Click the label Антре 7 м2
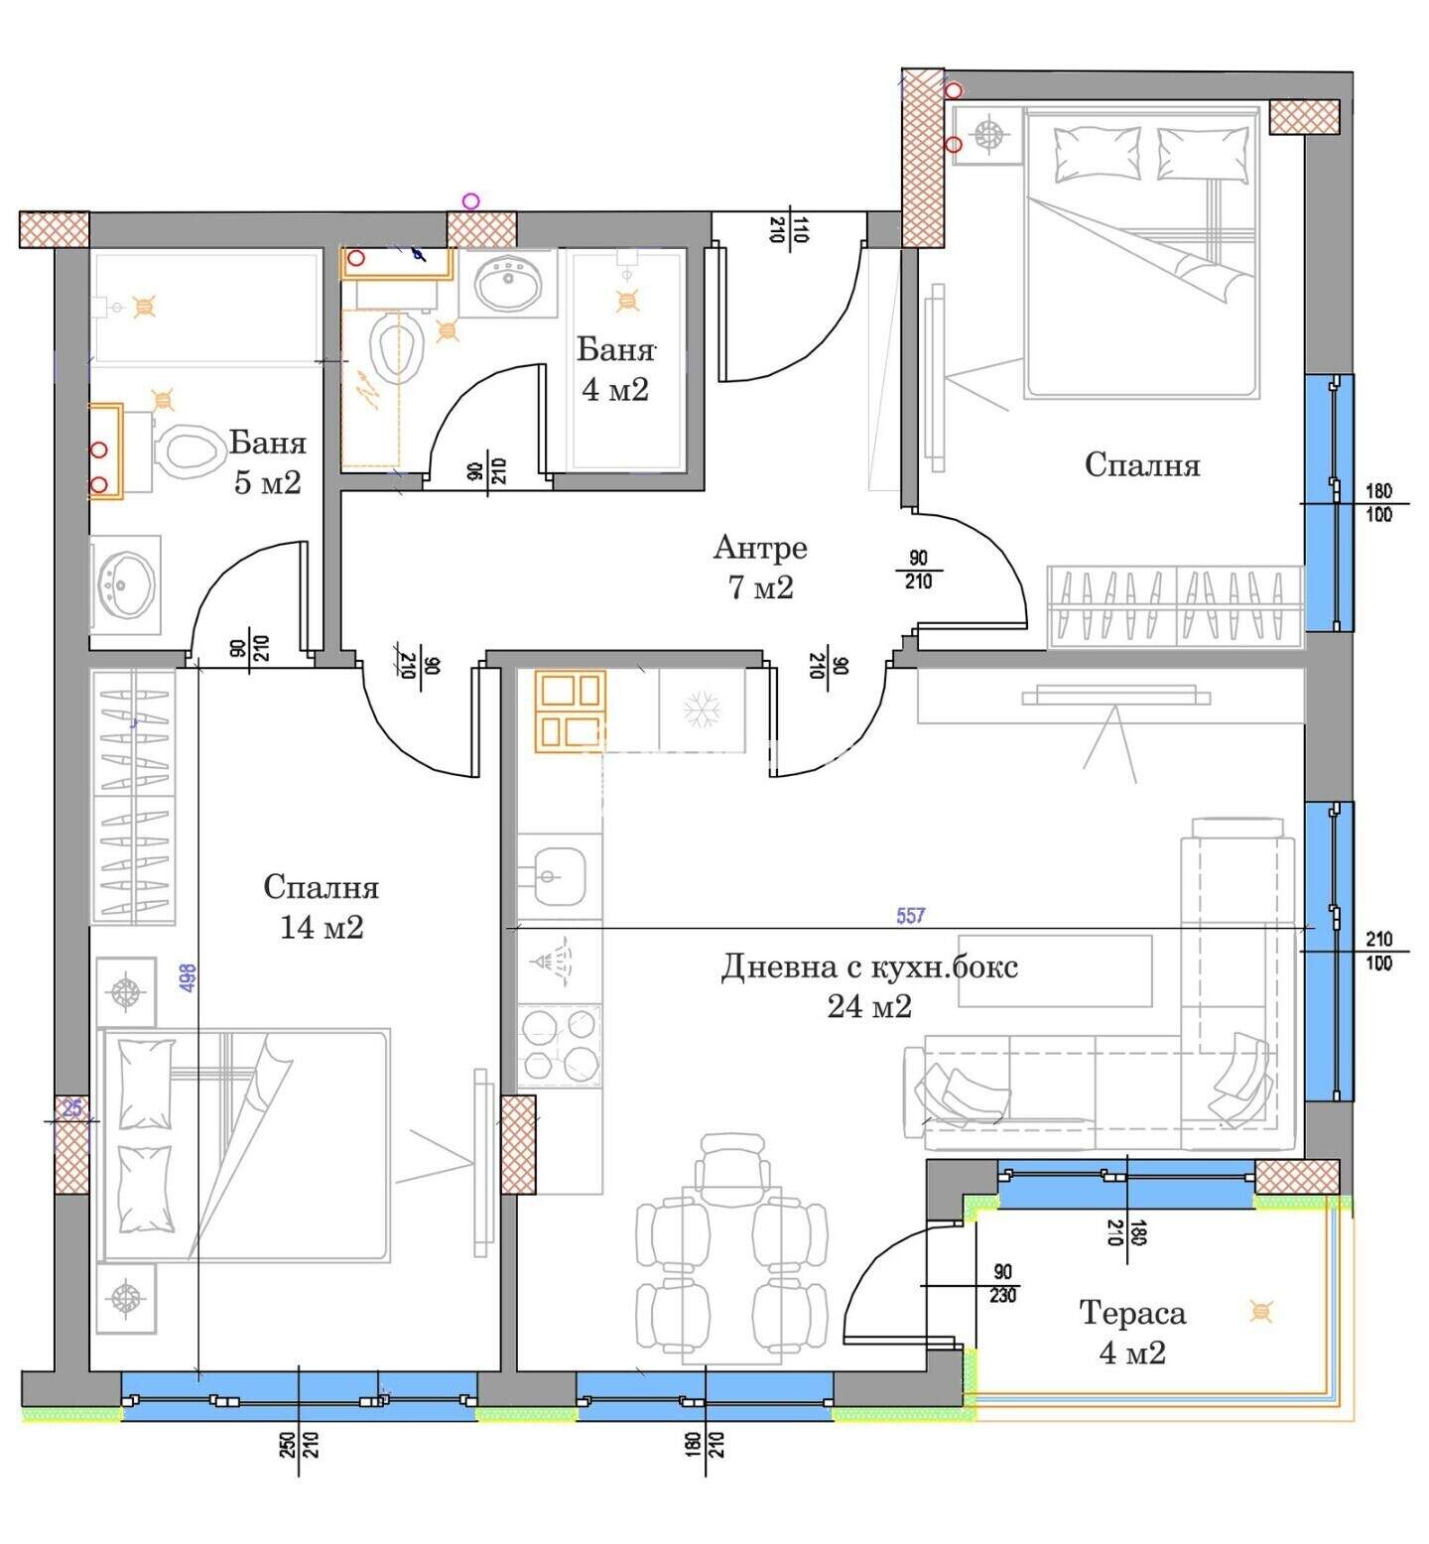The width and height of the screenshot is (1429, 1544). (760, 567)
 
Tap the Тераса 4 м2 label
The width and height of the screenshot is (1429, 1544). (1132, 1333)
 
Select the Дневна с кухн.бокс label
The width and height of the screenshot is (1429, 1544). (869, 966)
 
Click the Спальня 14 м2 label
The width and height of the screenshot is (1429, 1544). (322, 907)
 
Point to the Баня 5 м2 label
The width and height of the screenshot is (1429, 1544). (268, 462)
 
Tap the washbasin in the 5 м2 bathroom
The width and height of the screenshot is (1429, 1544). (125, 583)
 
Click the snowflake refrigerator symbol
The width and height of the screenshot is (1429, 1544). (702, 710)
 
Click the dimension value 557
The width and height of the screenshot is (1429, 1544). (910, 916)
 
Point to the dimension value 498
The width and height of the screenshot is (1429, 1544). (189, 980)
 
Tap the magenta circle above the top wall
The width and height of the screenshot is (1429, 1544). (471, 201)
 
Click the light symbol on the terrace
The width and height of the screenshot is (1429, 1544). (1261, 1311)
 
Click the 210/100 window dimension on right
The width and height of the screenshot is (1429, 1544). (1379, 951)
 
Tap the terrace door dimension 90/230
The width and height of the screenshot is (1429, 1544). (1003, 1284)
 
